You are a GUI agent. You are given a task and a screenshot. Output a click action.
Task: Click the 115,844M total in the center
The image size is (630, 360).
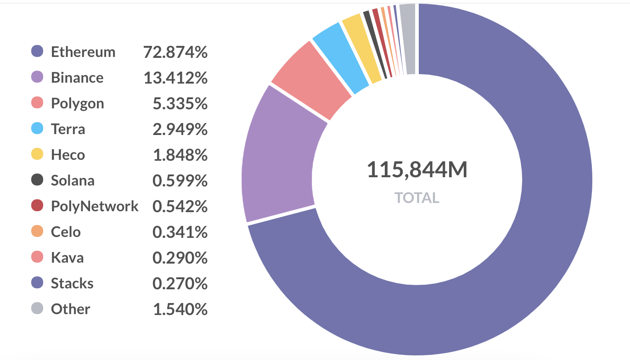point(417,170)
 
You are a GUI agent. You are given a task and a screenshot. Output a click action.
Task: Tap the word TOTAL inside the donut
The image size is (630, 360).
point(417,198)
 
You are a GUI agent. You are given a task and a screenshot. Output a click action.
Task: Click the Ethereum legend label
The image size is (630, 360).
point(83,52)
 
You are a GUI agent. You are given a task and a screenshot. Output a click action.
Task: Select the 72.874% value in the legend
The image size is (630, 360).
point(175,52)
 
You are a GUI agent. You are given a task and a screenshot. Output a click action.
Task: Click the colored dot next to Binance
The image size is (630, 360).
point(37,77)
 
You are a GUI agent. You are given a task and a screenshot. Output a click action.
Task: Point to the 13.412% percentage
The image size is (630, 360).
point(175,78)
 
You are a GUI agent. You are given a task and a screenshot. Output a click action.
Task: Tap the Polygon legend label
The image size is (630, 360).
point(78,103)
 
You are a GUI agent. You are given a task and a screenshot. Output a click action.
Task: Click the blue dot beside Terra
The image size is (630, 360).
point(37,129)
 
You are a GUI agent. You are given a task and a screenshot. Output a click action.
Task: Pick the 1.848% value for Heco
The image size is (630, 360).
point(180,155)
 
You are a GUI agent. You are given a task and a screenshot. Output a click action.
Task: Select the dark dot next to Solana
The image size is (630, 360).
point(37,180)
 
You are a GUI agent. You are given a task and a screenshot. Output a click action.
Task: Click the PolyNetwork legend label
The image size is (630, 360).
point(95,206)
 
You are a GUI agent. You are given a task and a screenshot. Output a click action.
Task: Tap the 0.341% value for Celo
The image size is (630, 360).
point(180,232)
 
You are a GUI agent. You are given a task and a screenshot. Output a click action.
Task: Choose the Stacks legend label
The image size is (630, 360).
point(72,283)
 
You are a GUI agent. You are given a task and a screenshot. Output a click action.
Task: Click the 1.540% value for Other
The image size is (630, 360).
point(180,309)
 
